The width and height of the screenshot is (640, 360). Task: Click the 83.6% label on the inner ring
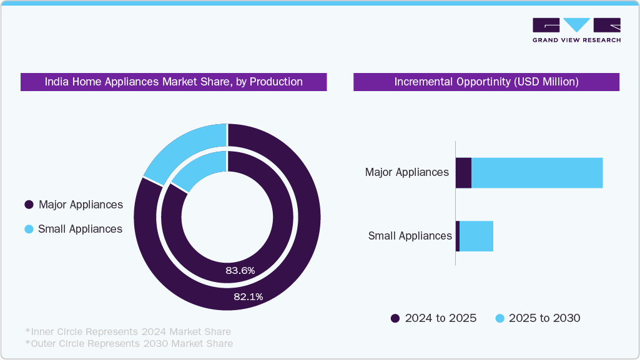click(240, 270)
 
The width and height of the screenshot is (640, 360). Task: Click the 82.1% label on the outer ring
click(248, 297)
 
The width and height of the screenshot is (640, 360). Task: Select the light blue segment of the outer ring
click(182, 146)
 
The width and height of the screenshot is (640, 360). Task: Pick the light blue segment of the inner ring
click(201, 169)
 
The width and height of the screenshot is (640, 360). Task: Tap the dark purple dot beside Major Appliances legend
click(28, 205)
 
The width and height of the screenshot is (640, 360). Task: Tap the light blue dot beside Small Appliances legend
click(28, 229)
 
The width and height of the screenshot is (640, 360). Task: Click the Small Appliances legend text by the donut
click(80, 229)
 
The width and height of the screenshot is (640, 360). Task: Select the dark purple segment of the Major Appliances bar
click(463, 173)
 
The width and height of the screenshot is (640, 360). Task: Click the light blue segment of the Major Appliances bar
click(537, 173)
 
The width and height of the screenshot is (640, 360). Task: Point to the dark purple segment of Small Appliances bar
click(458, 236)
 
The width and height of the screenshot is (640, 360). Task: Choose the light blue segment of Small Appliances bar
click(476, 236)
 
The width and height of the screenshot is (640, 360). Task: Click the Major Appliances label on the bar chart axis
click(406, 172)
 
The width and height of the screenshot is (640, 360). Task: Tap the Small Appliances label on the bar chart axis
click(410, 236)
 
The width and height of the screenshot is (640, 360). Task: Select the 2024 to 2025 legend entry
click(434, 318)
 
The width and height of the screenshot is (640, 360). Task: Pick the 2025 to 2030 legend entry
click(538, 318)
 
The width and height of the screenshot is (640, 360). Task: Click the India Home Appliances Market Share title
click(174, 82)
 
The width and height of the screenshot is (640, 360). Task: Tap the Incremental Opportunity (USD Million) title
click(486, 82)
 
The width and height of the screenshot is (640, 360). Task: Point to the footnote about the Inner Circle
click(128, 331)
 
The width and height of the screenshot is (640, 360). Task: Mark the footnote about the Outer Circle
click(129, 343)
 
